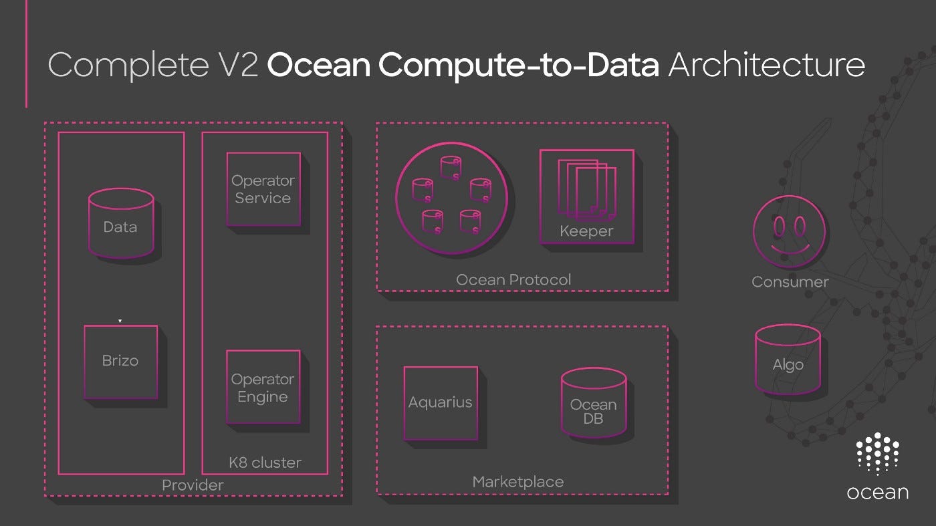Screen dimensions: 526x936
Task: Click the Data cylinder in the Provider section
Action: tap(120, 224)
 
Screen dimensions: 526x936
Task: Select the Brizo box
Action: tap(120, 362)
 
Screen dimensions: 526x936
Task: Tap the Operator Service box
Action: tap(263, 189)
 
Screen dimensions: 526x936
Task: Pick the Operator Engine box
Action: tap(263, 387)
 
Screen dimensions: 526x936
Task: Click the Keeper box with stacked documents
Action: tap(586, 196)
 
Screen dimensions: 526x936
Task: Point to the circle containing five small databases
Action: tap(451, 198)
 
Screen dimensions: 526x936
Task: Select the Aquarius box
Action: tap(441, 403)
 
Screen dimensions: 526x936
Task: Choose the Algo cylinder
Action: tap(788, 361)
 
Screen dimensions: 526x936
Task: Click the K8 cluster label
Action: tap(265, 463)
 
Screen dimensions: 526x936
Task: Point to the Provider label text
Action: tap(193, 485)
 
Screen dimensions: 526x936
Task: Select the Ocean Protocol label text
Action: tap(513, 279)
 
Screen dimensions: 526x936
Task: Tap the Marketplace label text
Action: tap(517, 482)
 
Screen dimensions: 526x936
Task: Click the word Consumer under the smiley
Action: tap(790, 282)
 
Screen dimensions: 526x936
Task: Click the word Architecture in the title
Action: tap(766, 65)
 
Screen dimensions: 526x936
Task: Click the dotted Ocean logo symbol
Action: tap(877, 454)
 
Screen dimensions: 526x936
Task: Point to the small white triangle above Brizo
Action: tap(120, 321)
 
